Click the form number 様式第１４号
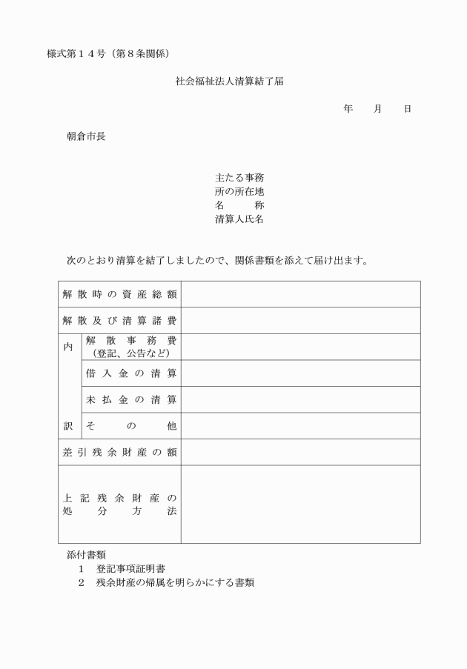(x=77, y=54)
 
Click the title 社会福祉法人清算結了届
(x=228, y=81)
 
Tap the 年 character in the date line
(x=348, y=109)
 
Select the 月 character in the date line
(x=378, y=109)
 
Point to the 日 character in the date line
(x=407, y=109)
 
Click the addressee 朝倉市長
(x=86, y=136)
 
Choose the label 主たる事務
(x=239, y=178)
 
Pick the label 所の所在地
(x=239, y=192)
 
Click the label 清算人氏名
(x=239, y=219)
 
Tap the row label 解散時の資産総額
(x=119, y=294)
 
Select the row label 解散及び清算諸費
(x=119, y=321)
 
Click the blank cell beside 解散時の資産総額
(x=300, y=294)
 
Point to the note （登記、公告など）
(x=131, y=353)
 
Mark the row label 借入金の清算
(x=131, y=373)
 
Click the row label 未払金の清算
(x=131, y=400)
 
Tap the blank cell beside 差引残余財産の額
(x=300, y=452)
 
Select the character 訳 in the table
(x=69, y=426)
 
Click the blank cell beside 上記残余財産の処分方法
(x=300, y=505)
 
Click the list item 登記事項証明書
(x=130, y=569)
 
